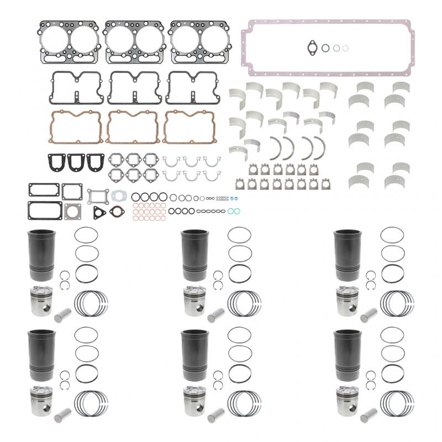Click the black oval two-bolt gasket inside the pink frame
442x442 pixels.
312,47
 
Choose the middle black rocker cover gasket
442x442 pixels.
133,87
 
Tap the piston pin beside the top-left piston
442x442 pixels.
62,316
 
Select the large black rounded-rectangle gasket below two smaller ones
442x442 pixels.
45,211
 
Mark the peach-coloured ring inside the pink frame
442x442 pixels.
345,48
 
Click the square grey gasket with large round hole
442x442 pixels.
72,211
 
